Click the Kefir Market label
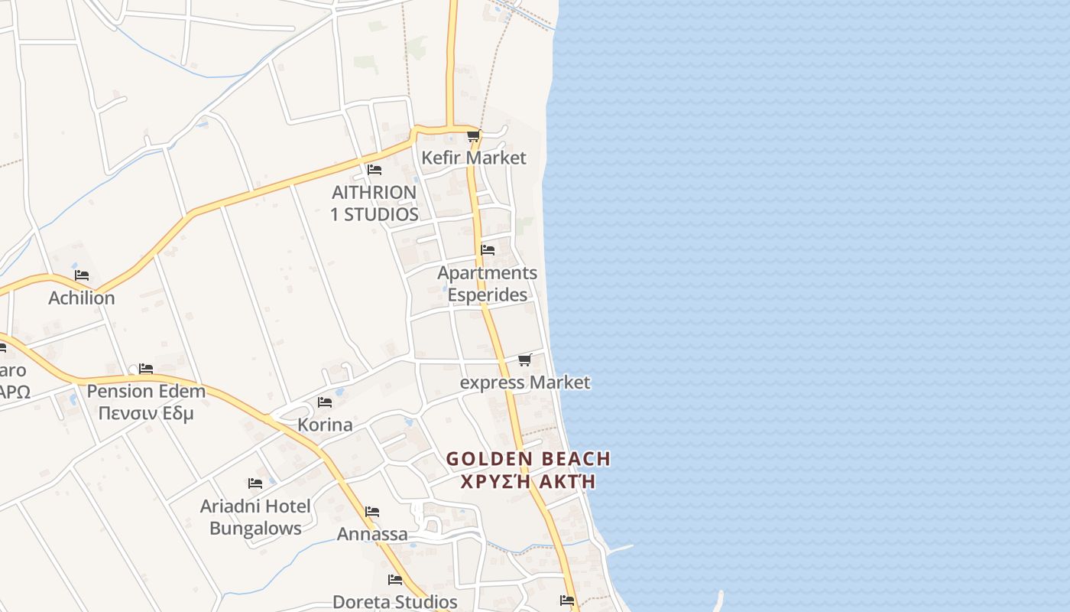pyautogui.click(x=474, y=158)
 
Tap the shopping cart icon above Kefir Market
pyautogui.click(x=473, y=137)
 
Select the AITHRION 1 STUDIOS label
pyautogui.click(x=374, y=203)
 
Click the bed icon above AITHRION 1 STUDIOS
pyautogui.click(x=374, y=169)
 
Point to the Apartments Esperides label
pyautogui.click(x=487, y=284)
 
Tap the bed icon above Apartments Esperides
pyautogui.click(x=488, y=249)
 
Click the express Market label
pyautogui.click(x=525, y=382)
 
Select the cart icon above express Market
pyautogui.click(x=524, y=360)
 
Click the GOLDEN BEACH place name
pyautogui.click(x=528, y=459)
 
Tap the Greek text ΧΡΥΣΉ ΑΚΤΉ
pyautogui.click(x=528, y=482)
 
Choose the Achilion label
pyautogui.click(x=82, y=298)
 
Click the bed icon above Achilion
pyautogui.click(x=82, y=275)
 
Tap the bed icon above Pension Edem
pyautogui.click(x=146, y=369)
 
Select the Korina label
pyautogui.click(x=325, y=425)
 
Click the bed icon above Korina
pyautogui.click(x=325, y=402)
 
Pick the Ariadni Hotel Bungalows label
pyautogui.click(x=255, y=516)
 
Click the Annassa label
pyautogui.click(x=372, y=534)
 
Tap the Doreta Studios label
pyautogui.click(x=394, y=602)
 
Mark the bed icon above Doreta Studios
pyautogui.click(x=395, y=580)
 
